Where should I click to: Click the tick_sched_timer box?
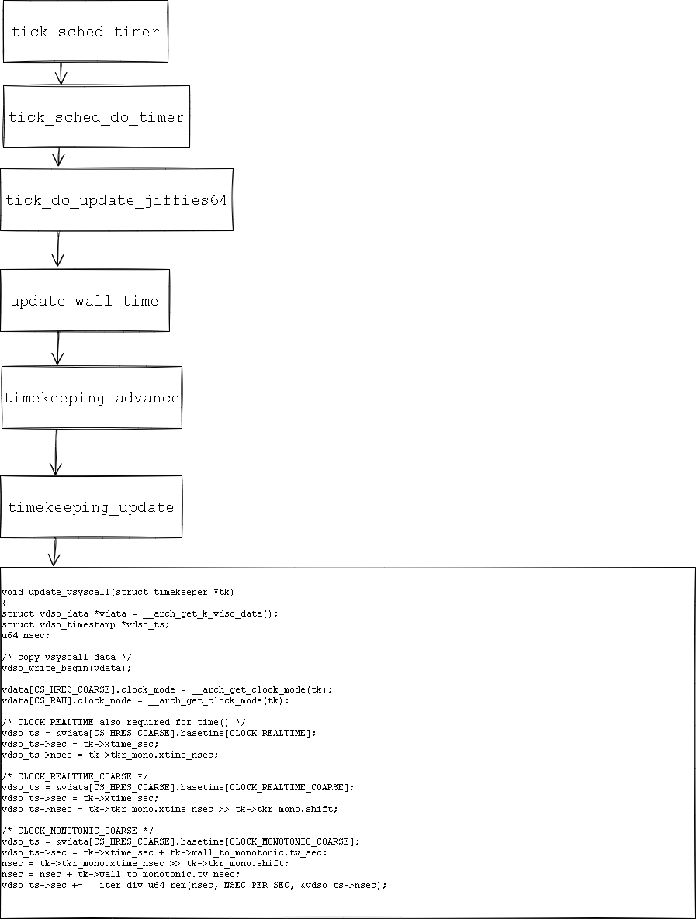pyautogui.click(x=85, y=32)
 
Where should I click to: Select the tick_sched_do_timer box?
pyautogui.click(x=96, y=117)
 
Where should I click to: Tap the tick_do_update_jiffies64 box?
pyautogui.click(x=116, y=200)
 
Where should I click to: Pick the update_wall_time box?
pyautogui.click(x=85, y=301)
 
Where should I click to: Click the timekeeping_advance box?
pyautogui.click(x=92, y=398)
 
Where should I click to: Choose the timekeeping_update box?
pyautogui.click(x=91, y=507)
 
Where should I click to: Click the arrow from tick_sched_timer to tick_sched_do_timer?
pyautogui.click(x=61, y=74)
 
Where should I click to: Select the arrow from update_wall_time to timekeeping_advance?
pyautogui.click(x=57, y=349)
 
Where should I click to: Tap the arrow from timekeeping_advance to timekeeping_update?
pyautogui.click(x=56, y=452)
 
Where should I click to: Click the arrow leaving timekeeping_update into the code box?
pyautogui.click(x=54, y=552)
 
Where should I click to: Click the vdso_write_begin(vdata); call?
pyautogui.click(x=67, y=668)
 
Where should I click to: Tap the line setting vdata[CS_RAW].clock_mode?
pyautogui.click(x=145, y=700)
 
